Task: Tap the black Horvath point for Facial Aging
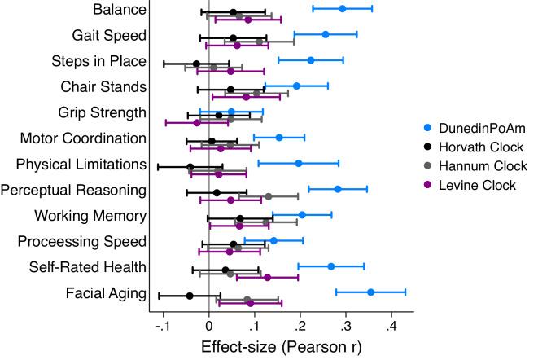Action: pyautogui.click(x=190, y=296)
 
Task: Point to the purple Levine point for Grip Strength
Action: pyautogui.click(x=196, y=123)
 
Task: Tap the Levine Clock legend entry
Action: pyautogui.click(x=464, y=185)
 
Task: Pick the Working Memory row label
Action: pyautogui.click(x=91, y=216)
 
